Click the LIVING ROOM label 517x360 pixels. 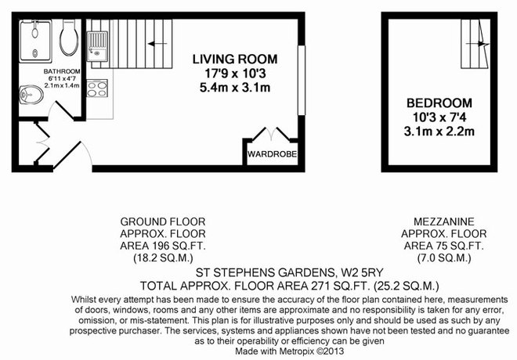[235, 59]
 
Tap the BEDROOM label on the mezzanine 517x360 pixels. [439, 103]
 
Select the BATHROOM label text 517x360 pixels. [62, 71]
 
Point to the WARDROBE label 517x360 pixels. [272, 154]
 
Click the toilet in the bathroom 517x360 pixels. [69, 38]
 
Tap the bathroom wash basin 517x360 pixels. [31, 95]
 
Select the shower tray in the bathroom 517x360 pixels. [35, 41]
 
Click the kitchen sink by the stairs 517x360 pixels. [97, 46]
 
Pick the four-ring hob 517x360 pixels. [97, 88]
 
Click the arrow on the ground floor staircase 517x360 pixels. [157, 44]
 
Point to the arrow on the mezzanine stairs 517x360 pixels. [477, 44]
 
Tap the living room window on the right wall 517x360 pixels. [302, 81]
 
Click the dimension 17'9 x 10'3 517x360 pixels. [235, 74]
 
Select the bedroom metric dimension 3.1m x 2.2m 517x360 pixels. [439, 131]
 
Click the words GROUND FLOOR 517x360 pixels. [163, 221]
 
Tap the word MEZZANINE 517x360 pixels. [444, 221]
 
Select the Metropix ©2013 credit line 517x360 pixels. [290, 351]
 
